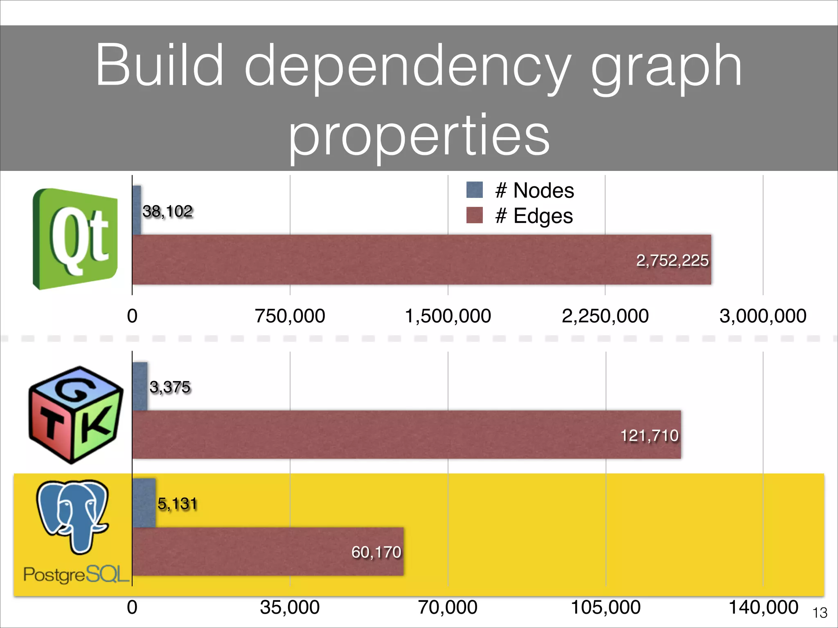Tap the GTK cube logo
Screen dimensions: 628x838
[x=76, y=415]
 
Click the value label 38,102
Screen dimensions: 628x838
[x=167, y=211]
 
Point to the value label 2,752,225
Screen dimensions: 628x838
[x=672, y=260]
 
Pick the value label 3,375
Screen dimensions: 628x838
[x=170, y=387]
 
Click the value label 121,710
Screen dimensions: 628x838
[x=649, y=435]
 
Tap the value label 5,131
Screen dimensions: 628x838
[x=177, y=504]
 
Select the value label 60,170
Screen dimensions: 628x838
[x=376, y=552]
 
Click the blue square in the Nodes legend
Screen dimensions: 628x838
[x=475, y=190]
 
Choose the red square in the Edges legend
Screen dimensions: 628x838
[x=475, y=215]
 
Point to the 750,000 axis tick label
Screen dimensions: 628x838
[x=290, y=316]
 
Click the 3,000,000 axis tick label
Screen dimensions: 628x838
[x=763, y=316]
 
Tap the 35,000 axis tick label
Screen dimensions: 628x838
[x=290, y=607]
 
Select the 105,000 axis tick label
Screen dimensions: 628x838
[x=606, y=607]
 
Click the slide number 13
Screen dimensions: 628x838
[x=820, y=613]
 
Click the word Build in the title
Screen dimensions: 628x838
[x=160, y=65]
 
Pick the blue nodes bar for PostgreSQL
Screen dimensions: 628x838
[x=144, y=503]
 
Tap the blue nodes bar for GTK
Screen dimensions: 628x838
[x=140, y=386]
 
